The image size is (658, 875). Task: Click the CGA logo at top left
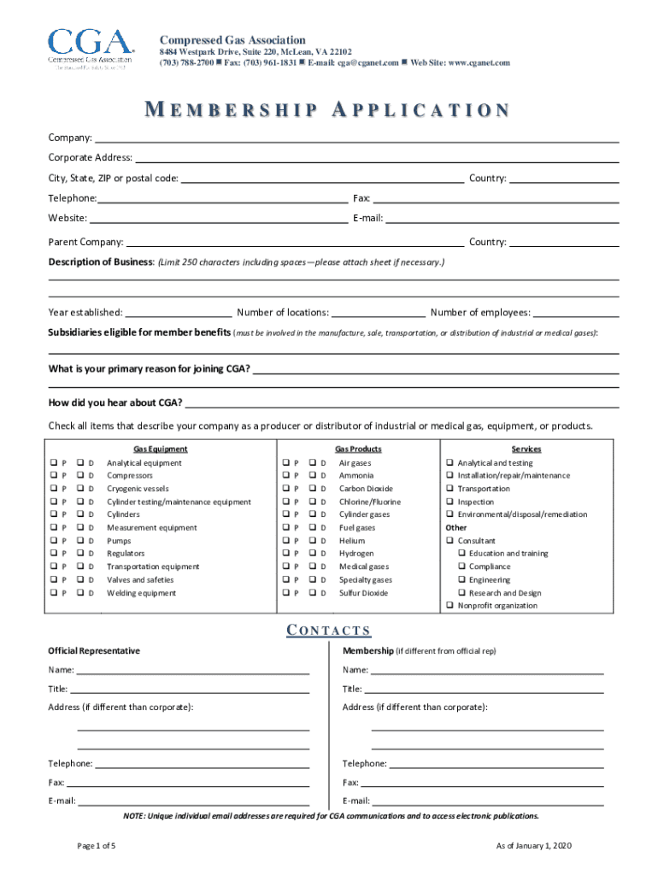(91, 50)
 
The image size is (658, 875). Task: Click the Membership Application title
(328, 111)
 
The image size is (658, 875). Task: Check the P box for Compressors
(53, 476)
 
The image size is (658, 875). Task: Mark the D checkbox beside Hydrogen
(313, 554)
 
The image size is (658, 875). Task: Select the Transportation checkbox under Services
(449, 489)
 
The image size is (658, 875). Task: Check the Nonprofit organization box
(449, 606)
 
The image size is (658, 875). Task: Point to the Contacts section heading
(328, 631)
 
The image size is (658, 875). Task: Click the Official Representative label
(94, 651)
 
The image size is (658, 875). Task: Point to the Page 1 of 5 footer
(97, 845)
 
